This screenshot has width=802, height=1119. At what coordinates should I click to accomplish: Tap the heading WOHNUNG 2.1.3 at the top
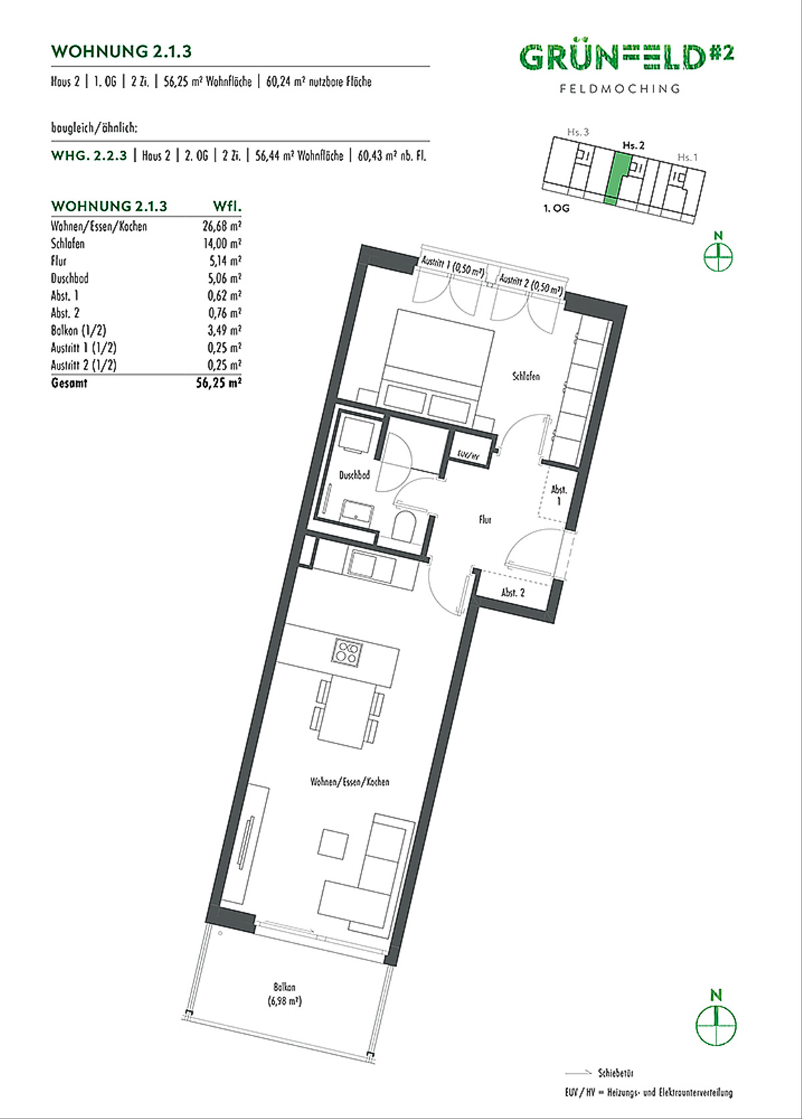(x=122, y=51)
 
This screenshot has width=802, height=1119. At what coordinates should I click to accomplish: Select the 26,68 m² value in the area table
(x=222, y=227)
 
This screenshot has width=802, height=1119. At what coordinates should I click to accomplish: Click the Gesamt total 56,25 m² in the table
(x=219, y=383)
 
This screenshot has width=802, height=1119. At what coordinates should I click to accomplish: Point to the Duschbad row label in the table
(x=70, y=278)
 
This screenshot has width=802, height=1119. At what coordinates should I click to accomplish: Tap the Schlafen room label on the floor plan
(x=527, y=376)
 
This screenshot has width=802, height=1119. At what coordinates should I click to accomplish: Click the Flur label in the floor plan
(x=485, y=520)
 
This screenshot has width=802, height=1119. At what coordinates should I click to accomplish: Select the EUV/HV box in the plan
(x=469, y=454)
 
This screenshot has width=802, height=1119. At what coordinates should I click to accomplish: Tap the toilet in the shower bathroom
(x=406, y=525)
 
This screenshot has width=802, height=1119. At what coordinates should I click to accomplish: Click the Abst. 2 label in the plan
(x=513, y=593)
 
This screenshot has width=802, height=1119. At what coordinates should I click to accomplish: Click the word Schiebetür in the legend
(x=616, y=1073)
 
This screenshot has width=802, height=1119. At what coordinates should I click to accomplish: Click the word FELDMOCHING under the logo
(x=620, y=89)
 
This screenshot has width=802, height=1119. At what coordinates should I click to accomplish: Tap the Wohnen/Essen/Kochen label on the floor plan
(x=350, y=782)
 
